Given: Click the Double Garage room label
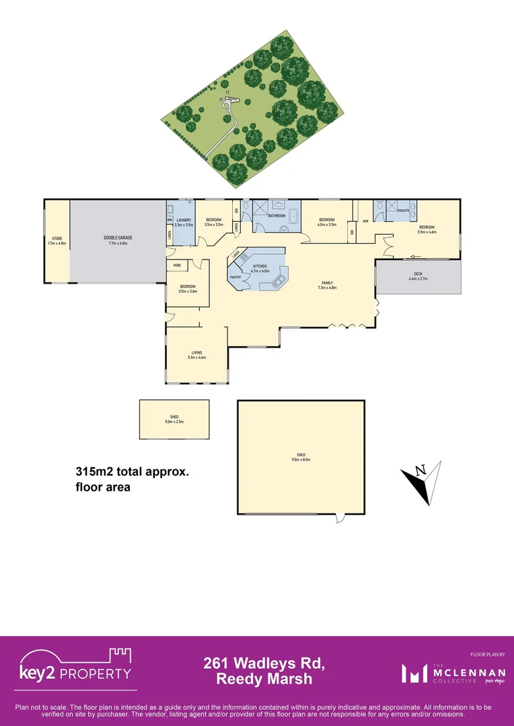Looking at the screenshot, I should point(118,239).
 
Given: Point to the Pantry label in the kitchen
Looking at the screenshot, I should point(235,276).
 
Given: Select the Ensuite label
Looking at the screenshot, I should point(404,210).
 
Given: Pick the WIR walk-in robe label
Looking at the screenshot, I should point(365,220).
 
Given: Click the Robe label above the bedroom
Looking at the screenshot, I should point(177,266).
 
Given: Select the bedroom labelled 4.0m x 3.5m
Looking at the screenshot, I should point(327,222).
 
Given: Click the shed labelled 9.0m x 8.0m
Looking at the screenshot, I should point(301,458).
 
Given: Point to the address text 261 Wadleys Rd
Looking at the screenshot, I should point(264,664).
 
